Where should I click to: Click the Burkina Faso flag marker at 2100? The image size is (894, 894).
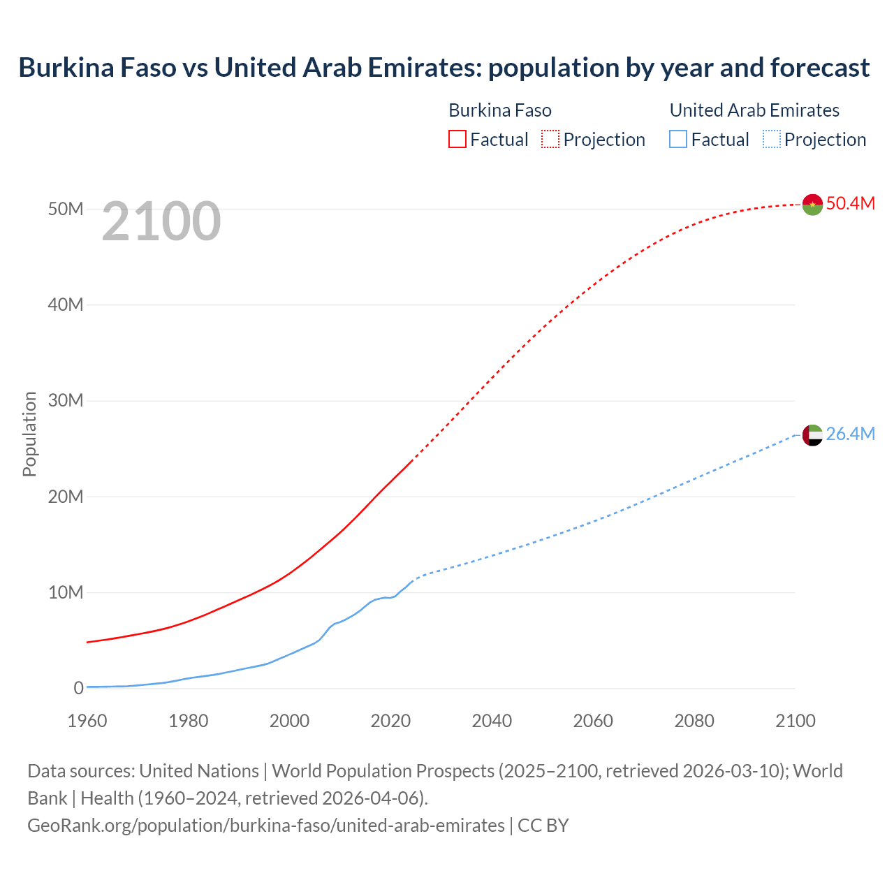pos(812,204)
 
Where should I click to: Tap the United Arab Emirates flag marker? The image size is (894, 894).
pos(812,435)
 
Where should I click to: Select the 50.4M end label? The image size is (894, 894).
pos(850,203)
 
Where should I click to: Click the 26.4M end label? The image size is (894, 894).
pos(850,434)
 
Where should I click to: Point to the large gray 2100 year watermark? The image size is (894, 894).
pos(161,221)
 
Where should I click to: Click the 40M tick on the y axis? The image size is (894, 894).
pos(66,305)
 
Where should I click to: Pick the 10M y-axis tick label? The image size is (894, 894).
pos(66,592)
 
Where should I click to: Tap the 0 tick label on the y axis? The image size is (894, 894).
pos(78,688)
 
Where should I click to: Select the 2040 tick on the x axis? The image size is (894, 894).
pos(492,721)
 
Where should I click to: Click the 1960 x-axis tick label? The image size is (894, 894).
pos(87,721)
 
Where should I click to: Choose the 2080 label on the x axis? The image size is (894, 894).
pos(694,721)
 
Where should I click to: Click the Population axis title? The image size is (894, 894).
pos(29,434)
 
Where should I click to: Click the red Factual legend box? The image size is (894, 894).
pos(457,139)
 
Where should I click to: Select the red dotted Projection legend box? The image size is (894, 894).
pos(550,139)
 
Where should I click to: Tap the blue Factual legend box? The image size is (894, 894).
pos(678,139)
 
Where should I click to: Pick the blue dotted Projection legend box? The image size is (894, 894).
pos(771,139)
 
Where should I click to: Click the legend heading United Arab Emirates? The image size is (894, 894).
pos(754,110)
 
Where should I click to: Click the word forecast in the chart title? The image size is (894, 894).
pos(820,68)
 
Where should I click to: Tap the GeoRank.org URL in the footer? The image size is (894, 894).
pos(265,826)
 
